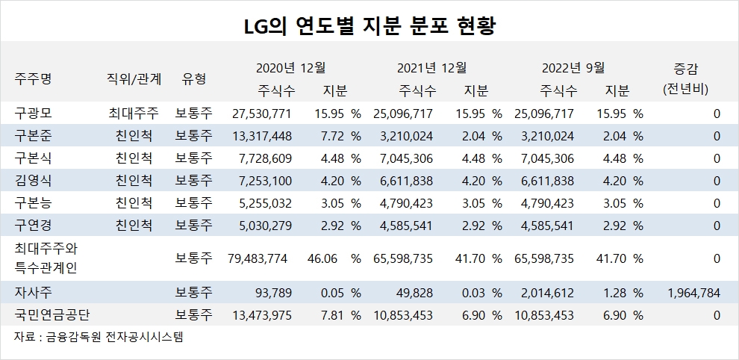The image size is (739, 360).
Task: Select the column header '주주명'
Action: coord(33,78)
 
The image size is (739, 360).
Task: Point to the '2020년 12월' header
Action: coord(291,67)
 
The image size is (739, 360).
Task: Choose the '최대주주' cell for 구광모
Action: coord(133,114)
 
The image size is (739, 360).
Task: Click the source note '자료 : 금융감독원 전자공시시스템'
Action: coord(99,337)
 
